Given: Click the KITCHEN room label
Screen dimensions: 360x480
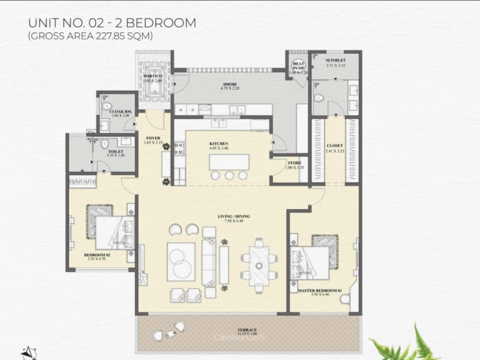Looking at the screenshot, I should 219,144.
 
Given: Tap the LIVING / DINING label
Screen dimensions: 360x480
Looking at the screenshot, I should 234,216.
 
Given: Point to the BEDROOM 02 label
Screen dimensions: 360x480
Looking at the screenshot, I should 97,255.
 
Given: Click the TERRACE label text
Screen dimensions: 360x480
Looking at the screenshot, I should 246,330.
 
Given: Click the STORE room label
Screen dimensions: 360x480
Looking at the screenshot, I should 294,163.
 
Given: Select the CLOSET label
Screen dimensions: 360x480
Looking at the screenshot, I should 335,146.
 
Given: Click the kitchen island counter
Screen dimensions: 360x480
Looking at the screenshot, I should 228,162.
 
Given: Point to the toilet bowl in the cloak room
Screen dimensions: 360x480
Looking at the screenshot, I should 106,105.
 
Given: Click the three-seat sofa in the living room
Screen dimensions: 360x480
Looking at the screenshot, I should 208,262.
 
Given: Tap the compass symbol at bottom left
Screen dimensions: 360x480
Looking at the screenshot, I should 28,353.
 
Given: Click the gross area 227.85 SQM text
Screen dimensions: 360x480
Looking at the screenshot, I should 90,36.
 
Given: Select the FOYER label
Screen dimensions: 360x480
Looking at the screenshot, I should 153,138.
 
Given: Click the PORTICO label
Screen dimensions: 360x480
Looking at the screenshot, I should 153,76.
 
